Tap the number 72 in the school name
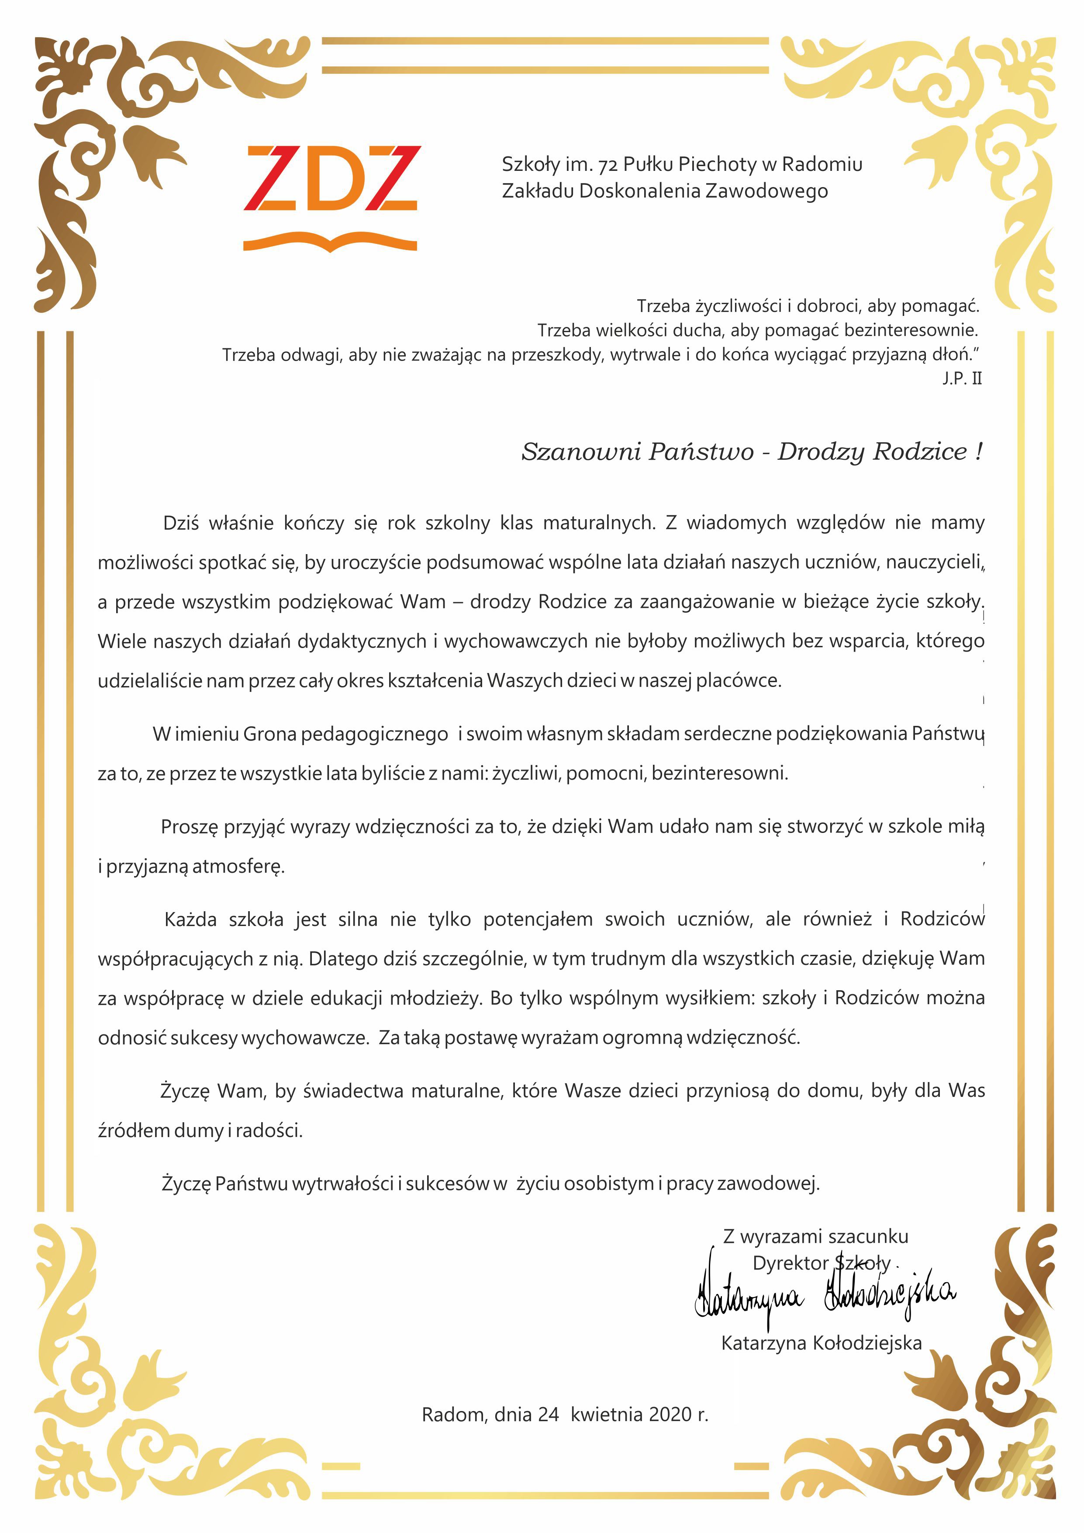608,164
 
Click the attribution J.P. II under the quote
961,378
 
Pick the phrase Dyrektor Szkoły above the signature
821,1263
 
